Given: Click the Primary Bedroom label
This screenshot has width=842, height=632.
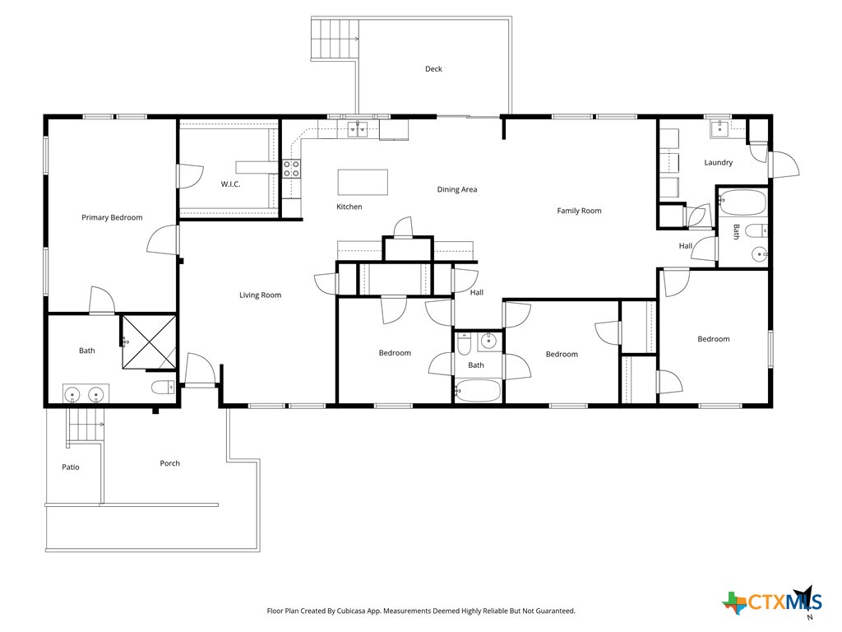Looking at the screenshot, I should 112,218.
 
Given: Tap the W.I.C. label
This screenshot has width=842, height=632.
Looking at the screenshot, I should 230,184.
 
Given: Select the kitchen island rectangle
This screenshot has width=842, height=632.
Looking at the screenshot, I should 363,181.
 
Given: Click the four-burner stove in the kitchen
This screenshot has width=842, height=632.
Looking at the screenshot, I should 291,169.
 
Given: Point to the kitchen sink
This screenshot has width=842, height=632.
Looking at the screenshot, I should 358,128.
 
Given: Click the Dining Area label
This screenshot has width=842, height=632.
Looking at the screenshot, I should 457,190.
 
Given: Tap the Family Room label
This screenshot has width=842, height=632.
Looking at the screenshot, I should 579,211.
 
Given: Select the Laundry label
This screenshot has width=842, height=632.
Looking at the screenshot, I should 718,163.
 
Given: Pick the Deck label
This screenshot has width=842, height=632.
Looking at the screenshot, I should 433,69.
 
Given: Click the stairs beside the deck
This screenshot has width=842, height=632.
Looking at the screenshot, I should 335,39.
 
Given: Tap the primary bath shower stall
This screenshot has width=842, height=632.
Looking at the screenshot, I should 149,342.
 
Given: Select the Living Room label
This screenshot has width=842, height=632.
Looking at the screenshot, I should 260,295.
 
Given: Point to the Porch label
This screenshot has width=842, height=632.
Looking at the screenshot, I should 169,463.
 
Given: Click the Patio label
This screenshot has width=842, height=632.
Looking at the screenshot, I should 71,467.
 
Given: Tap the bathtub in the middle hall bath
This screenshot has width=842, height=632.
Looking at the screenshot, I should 477,391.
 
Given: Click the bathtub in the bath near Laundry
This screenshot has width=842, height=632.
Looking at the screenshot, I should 742,202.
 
